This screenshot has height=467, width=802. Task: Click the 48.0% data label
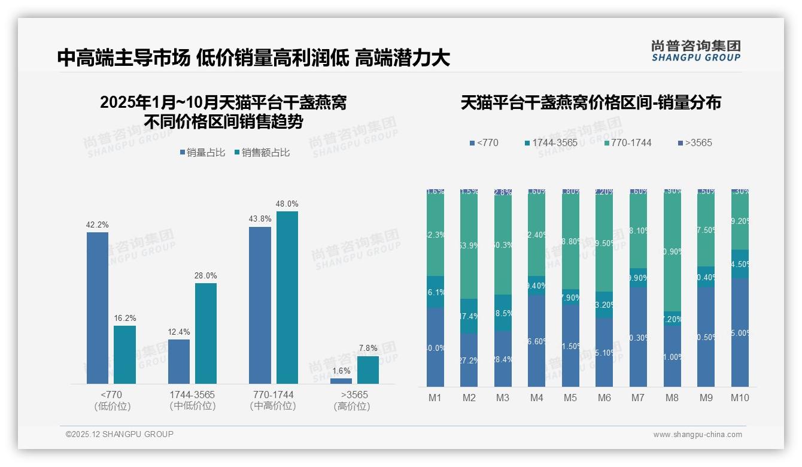[x=287, y=204]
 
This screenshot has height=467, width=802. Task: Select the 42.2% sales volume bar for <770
[x=98, y=308]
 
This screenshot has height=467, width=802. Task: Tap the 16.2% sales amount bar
[x=124, y=354]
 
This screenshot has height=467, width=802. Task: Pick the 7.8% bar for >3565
[x=368, y=370]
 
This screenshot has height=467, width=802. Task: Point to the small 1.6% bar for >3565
[x=341, y=381]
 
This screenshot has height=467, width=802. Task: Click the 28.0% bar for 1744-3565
[x=206, y=333]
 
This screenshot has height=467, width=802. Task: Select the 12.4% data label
[x=179, y=332]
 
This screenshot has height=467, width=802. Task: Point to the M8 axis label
[x=672, y=398]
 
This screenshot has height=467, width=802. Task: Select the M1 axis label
[x=435, y=398]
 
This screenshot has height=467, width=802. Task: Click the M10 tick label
[x=740, y=398]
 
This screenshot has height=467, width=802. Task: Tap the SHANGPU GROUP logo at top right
[x=696, y=50]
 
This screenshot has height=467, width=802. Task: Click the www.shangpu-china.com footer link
[x=697, y=435]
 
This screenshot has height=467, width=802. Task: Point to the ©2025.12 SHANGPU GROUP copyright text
[x=120, y=434]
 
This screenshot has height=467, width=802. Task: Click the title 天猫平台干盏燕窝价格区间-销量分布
[x=591, y=102]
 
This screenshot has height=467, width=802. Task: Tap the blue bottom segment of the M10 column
[x=740, y=332]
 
